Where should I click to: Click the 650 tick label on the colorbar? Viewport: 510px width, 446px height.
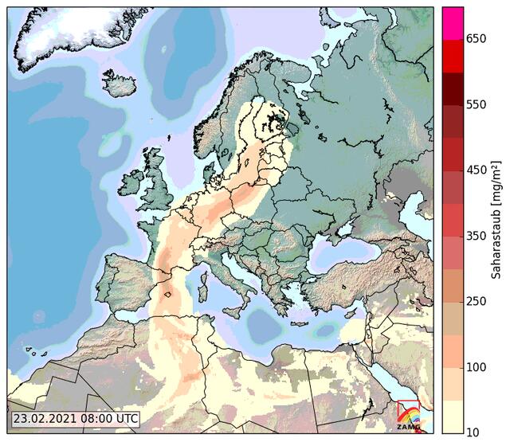pos(477,39)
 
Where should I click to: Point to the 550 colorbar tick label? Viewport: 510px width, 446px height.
pos(477,105)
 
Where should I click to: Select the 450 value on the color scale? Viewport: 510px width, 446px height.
pos(477,170)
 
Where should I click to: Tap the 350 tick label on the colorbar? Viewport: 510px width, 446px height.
pos(477,237)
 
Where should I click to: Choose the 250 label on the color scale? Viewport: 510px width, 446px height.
pos(477,302)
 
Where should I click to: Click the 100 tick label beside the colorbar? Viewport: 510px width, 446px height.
pos(477,367)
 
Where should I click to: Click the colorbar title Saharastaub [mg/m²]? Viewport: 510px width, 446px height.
pos(496,219)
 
